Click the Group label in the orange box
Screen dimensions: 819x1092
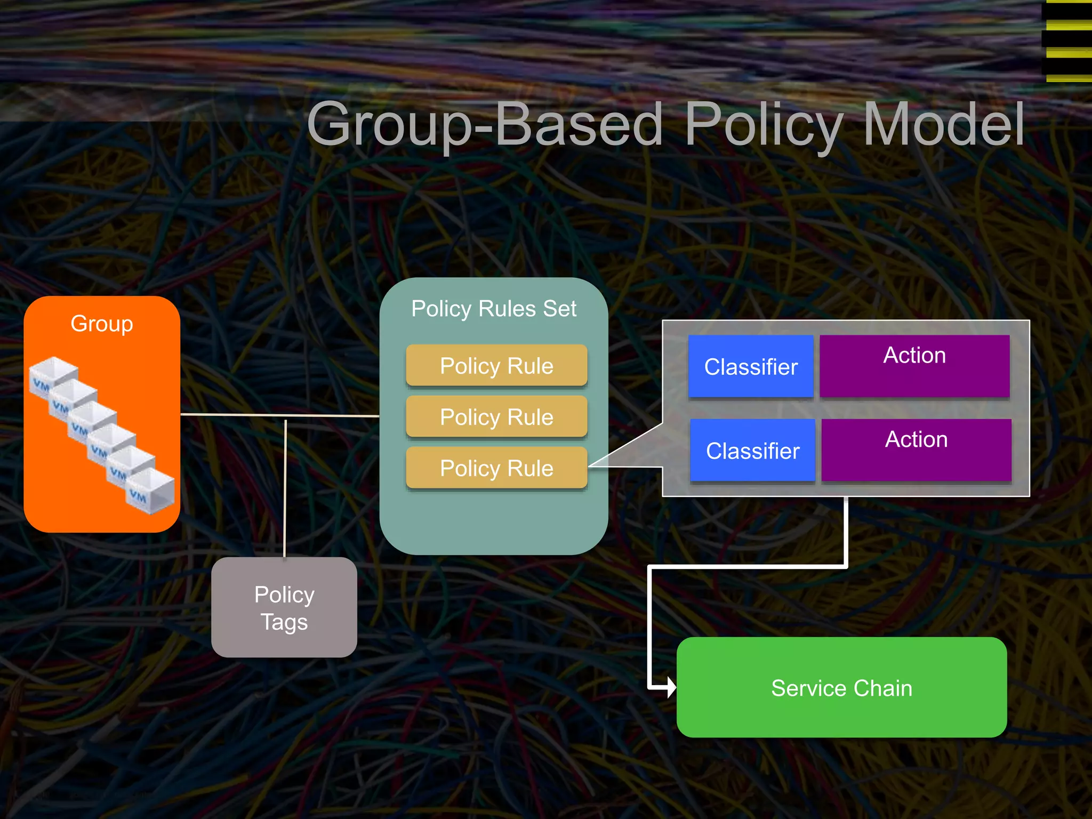coord(101,324)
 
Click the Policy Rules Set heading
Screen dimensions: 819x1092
coord(494,309)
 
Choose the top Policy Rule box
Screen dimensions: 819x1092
coord(496,366)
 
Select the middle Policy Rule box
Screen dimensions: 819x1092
coord(496,417)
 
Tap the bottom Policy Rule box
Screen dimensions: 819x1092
coord(496,468)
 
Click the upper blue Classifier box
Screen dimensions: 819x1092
coord(751,366)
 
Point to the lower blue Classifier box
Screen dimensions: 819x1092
coord(752,451)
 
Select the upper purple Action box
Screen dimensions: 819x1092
coord(914,366)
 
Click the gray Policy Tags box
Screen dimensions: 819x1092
coord(284,607)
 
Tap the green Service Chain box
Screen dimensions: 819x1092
coord(841,688)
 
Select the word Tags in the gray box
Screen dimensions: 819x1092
coord(284,622)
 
